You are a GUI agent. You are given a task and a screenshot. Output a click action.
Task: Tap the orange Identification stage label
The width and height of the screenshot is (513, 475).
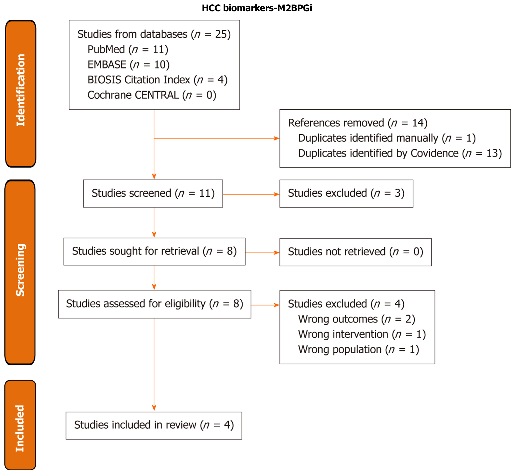(21, 94)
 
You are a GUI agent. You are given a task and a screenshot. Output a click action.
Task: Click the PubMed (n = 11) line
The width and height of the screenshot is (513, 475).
(128, 49)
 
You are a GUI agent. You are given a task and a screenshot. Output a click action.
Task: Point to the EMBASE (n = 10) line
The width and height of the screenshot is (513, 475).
(128, 64)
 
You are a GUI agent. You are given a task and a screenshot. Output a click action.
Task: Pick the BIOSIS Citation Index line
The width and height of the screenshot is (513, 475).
(157, 80)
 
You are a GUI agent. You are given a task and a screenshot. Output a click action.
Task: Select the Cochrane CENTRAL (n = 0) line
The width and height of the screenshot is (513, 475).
(152, 95)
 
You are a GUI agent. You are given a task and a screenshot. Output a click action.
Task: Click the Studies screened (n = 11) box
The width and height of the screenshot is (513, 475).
(153, 193)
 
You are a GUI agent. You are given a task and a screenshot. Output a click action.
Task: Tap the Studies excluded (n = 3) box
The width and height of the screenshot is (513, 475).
(346, 193)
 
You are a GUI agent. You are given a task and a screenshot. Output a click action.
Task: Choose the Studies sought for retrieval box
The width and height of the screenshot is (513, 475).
(154, 251)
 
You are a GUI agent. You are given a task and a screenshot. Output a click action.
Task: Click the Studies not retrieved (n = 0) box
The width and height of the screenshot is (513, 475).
(355, 252)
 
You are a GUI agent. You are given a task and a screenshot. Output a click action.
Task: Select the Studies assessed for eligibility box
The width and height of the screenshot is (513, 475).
(155, 304)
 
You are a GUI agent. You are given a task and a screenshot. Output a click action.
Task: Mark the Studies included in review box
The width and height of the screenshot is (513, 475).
(154, 425)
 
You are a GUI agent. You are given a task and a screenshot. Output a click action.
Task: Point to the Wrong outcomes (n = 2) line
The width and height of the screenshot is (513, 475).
(356, 319)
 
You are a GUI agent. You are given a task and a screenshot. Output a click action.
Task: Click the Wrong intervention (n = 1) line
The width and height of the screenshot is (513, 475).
(362, 334)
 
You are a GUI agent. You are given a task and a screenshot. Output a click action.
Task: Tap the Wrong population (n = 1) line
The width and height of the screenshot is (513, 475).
(358, 349)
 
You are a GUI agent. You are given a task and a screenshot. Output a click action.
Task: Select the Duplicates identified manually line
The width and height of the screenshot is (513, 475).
(387, 138)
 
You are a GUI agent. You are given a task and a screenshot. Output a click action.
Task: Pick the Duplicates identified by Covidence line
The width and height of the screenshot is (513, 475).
(400, 154)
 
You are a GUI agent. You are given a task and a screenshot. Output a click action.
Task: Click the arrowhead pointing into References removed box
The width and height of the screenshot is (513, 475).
(277, 138)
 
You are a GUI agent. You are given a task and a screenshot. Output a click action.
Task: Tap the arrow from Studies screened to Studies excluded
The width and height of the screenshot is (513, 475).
(251, 194)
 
